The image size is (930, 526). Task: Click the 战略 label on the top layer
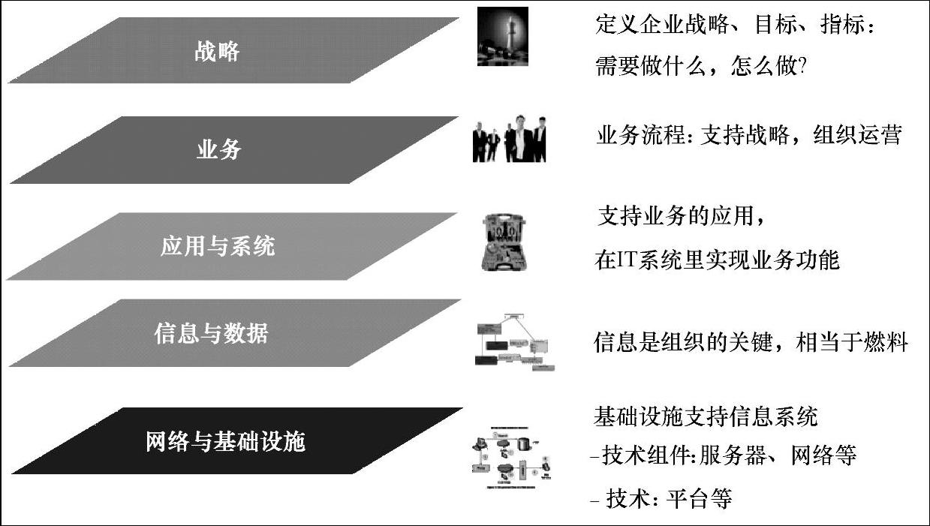[x=217, y=52]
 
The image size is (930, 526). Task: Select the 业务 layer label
[x=219, y=149]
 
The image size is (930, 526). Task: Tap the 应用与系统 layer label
[x=218, y=246]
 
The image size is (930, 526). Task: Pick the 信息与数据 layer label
[x=211, y=333]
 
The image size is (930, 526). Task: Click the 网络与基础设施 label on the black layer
[x=225, y=441]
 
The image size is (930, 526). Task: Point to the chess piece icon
[x=502, y=37]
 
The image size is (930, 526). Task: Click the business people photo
[x=509, y=139]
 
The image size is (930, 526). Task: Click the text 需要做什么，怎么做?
[x=700, y=67]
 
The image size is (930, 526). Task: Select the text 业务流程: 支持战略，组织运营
[x=748, y=136]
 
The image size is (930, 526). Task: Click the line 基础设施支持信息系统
[x=706, y=415]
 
